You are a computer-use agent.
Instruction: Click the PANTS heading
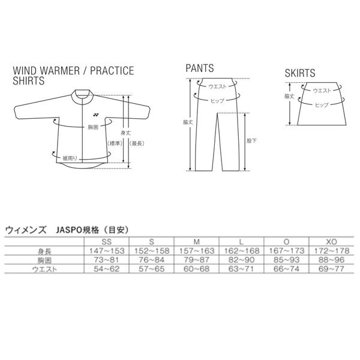pos(200,68)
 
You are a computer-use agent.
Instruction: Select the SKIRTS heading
pos(300,73)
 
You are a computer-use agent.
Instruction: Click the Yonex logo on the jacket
pos(96,115)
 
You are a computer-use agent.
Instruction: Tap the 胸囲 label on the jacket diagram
pos(93,127)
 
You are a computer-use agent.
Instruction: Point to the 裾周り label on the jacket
pos(70,158)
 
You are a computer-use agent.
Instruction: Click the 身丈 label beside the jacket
pos(126,133)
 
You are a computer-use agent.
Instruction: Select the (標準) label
pos(115,143)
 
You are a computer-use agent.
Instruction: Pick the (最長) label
pos(137,143)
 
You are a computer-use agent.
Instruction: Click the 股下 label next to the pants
pos(251,141)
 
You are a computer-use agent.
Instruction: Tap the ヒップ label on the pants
pos(217,101)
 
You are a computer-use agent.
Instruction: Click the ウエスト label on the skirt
pos(322,91)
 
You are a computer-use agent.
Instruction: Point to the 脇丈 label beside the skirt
pos(289,96)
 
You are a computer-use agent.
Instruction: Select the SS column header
pos(107,242)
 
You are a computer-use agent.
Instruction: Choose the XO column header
pos(332,242)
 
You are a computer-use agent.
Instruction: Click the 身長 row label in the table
pos(44,252)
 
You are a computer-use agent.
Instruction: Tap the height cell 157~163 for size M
pos(197,251)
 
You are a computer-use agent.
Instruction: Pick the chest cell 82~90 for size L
pos(242,260)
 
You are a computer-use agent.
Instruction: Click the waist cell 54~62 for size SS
pos(107,269)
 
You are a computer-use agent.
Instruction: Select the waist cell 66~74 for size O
pos(287,269)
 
